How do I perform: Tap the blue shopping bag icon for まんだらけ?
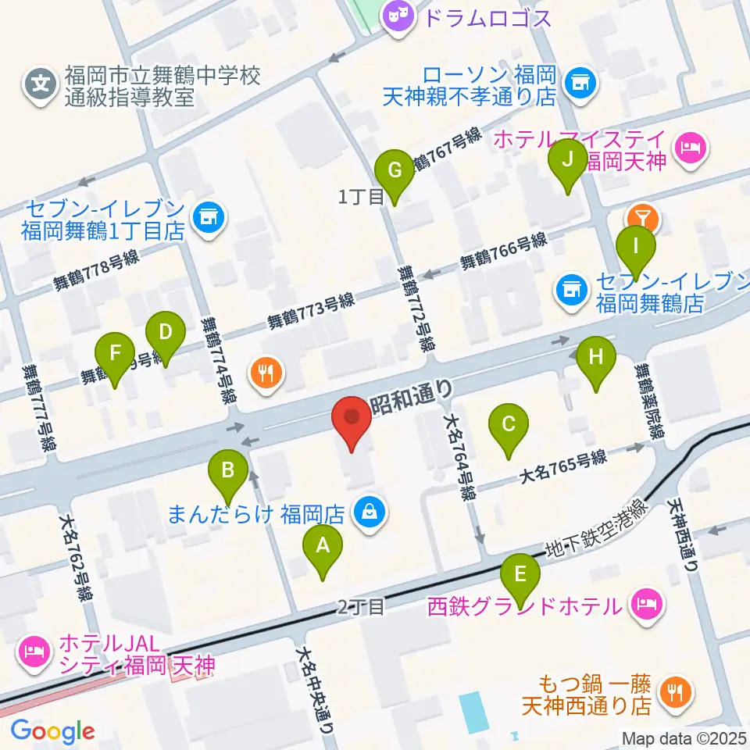tap(366, 513)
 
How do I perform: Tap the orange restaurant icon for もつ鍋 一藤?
tap(673, 691)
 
